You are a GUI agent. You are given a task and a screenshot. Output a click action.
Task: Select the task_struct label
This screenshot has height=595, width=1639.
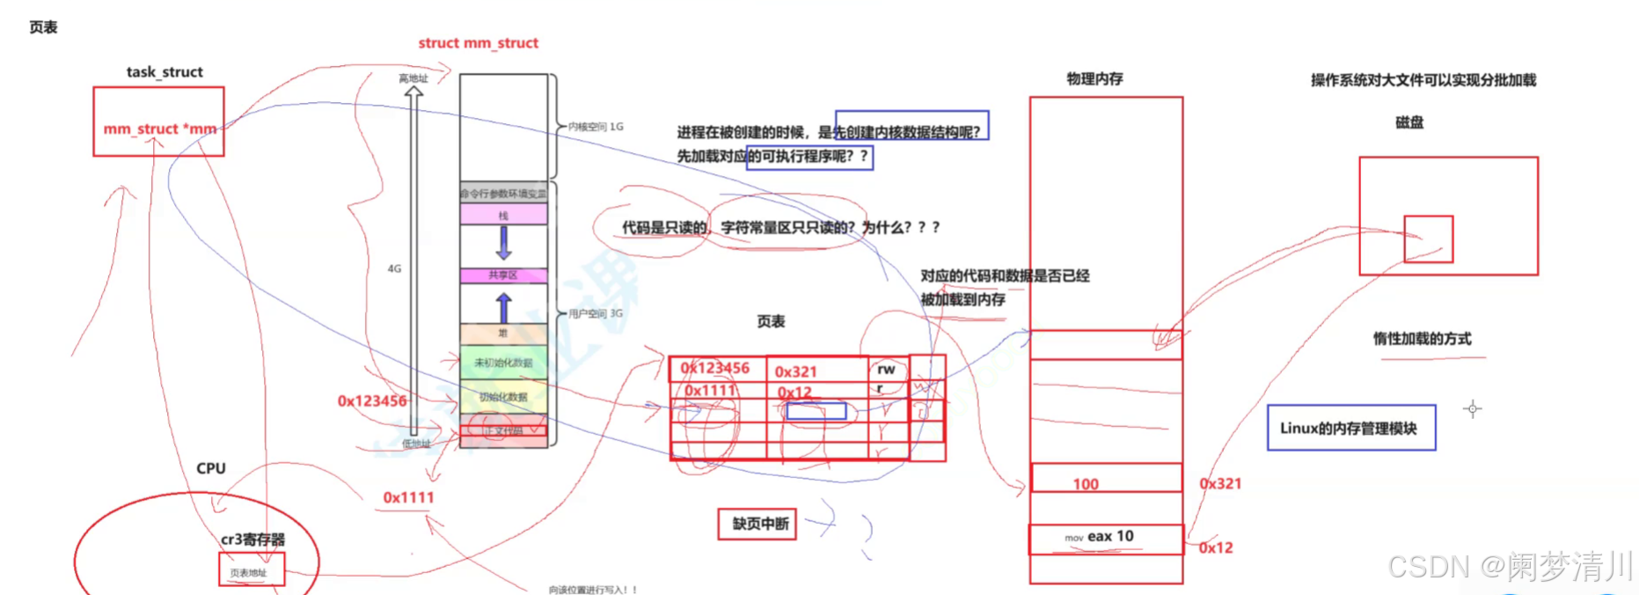pyautogui.click(x=165, y=72)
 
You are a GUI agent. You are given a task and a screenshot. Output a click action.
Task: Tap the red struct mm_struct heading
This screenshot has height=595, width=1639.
pyautogui.click(x=478, y=43)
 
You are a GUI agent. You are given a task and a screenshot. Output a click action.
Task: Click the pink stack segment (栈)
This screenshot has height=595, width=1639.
pyautogui.click(x=503, y=215)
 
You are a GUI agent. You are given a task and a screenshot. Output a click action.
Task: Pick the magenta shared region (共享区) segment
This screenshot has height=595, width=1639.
pyautogui.click(x=503, y=275)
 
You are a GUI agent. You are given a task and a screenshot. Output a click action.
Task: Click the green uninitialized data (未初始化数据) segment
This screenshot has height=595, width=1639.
pyautogui.click(x=503, y=363)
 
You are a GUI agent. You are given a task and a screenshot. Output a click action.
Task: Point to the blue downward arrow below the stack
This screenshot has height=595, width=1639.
pyautogui.click(x=503, y=242)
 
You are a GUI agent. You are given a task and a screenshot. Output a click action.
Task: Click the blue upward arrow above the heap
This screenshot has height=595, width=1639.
pyautogui.click(x=503, y=307)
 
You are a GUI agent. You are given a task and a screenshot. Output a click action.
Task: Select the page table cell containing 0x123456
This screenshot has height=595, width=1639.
pyautogui.click(x=716, y=368)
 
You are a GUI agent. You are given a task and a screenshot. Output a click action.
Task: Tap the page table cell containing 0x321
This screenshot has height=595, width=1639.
pyautogui.click(x=797, y=371)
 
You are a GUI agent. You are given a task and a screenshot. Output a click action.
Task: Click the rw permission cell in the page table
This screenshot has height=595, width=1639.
pyautogui.click(x=887, y=369)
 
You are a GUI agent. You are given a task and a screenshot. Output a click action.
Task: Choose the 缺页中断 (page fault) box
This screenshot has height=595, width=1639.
pyautogui.click(x=758, y=525)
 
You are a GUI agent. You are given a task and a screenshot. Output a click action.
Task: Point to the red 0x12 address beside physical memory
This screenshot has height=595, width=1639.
pyautogui.click(x=1216, y=547)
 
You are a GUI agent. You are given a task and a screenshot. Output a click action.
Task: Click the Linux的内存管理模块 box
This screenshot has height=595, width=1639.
pyautogui.click(x=1350, y=429)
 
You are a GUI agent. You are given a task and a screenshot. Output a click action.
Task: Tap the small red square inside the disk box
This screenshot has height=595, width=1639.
pyautogui.click(x=1428, y=239)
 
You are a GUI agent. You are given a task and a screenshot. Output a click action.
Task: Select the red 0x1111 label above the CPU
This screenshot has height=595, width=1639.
pyautogui.click(x=408, y=497)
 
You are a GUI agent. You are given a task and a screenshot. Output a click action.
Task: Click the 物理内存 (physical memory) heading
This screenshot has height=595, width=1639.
pyautogui.click(x=1094, y=79)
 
